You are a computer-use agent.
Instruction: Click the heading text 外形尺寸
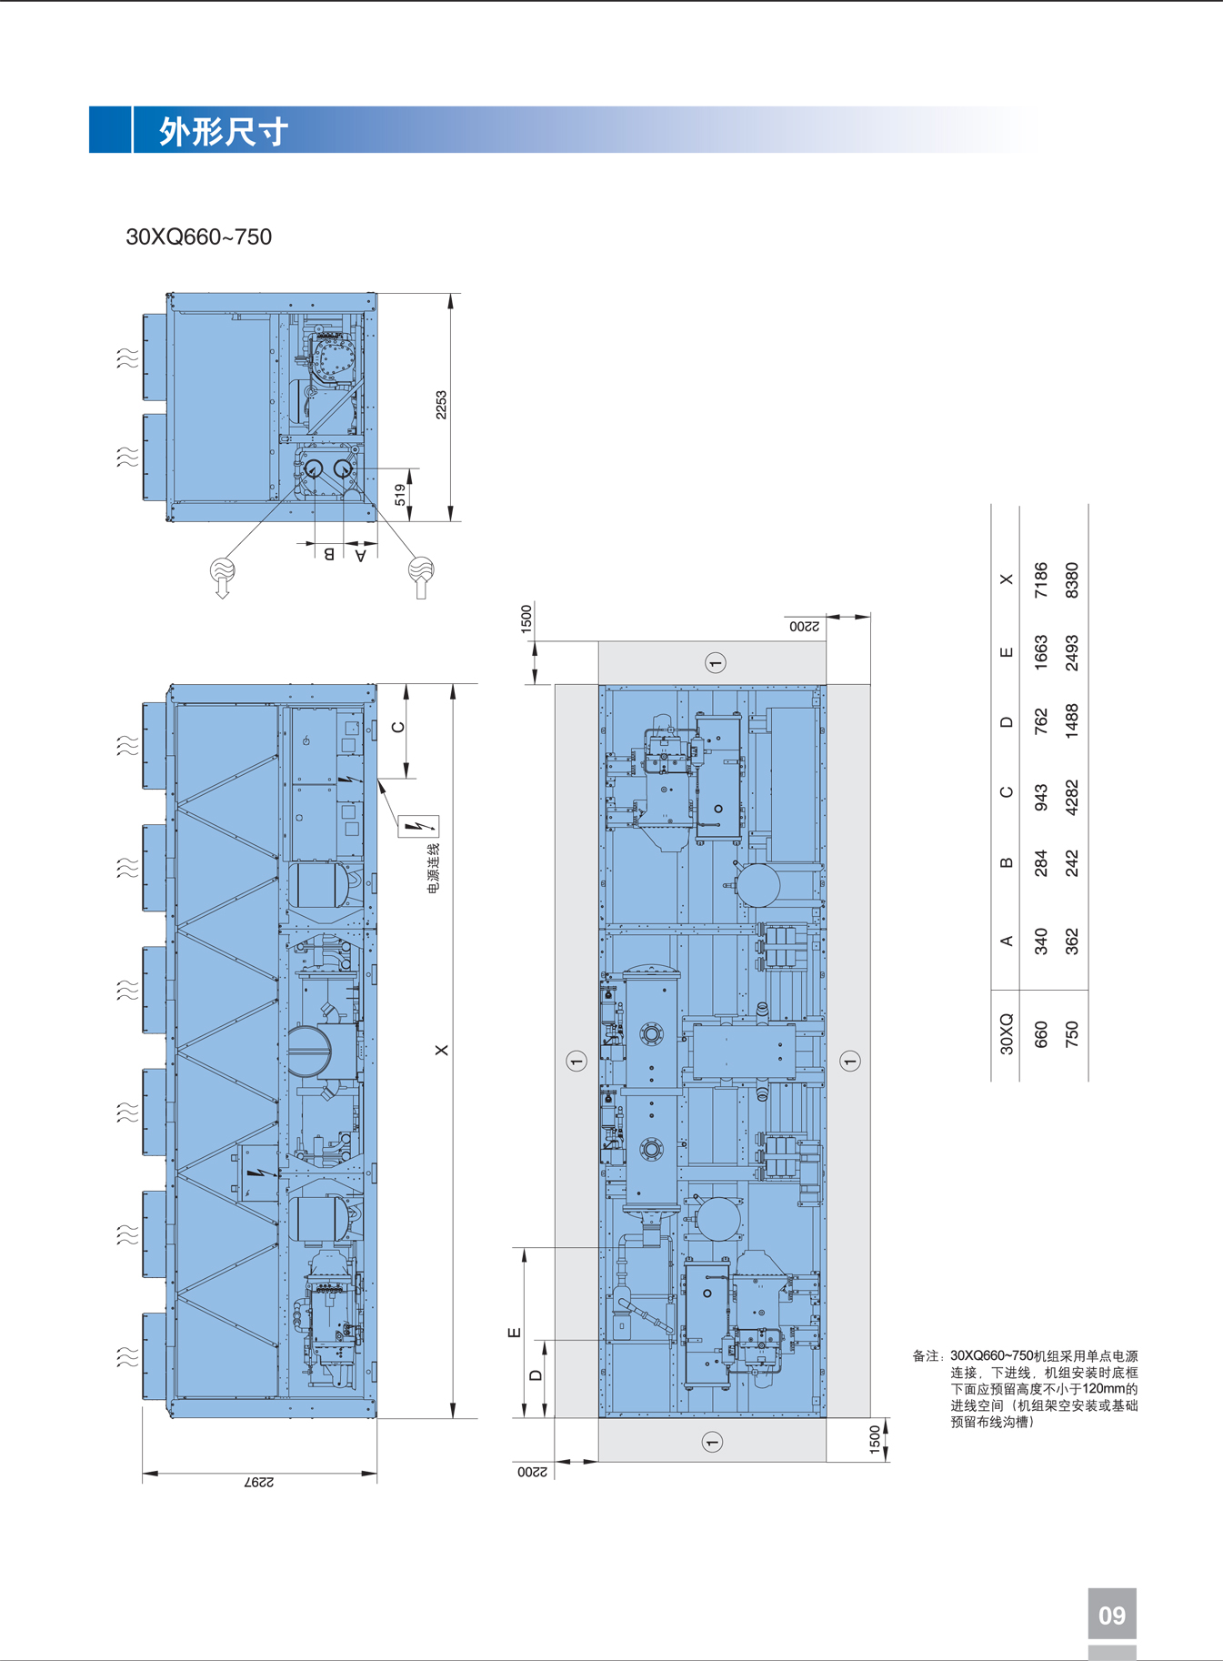click(224, 132)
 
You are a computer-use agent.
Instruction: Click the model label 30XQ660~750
click(198, 237)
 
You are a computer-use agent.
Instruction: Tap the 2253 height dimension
click(441, 405)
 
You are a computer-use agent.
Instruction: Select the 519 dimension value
click(400, 495)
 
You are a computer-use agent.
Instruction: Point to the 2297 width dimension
click(259, 1482)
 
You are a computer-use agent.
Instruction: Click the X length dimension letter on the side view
click(442, 1050)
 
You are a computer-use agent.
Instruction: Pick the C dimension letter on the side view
click(397, 727)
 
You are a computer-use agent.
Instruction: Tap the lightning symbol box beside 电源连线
click(418, 826)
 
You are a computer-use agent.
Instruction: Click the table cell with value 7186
click(1041, 579)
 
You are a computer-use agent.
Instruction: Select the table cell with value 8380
click(1071, 579)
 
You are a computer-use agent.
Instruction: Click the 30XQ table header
click(1007, 1034)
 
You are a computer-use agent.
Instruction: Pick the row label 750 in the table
click(1071, 1034)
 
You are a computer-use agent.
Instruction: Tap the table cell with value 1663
click(1041, 652)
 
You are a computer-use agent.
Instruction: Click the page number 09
click(1112, 1616)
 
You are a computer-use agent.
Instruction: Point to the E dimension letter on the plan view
click(514, 1333)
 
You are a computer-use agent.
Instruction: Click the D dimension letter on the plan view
click(536, 1375)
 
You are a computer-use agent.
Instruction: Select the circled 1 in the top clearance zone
click(715, 662)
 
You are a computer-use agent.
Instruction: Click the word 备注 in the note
click(927, 1356)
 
